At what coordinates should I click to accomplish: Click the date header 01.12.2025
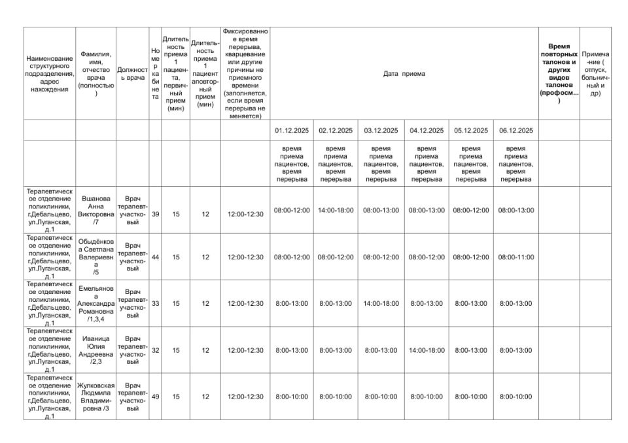(x=291, y=130)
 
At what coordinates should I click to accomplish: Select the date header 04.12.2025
(x=427, y=130)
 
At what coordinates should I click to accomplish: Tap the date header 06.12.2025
(x=515, y=130)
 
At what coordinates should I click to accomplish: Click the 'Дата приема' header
(x=404, y=74)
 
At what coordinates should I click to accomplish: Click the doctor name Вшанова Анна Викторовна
(x=96, y=210)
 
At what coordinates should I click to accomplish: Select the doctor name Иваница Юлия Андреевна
(x=96, y=350)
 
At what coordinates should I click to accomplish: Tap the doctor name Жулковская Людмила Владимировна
(x=96, y=396)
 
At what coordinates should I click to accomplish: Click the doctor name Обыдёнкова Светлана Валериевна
(x=96, y=257)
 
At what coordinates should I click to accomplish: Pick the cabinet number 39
(x=155, y=210)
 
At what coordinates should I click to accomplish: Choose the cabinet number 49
(x=155, y=396)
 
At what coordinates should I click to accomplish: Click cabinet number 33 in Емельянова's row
(x=155, y=303)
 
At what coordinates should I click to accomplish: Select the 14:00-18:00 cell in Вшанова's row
(x=336, y=210)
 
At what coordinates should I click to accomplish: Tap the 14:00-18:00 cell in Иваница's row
(x=427, y=350)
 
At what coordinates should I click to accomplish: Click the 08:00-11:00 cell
(x=515, y=257)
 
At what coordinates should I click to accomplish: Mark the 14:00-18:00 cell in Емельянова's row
(x=381, y=303)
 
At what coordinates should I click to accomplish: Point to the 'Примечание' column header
(x=595, y=74)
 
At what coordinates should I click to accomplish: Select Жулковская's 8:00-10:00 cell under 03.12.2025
(x=381, y=396)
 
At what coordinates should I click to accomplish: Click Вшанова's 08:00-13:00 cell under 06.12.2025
(x=515, y=210)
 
